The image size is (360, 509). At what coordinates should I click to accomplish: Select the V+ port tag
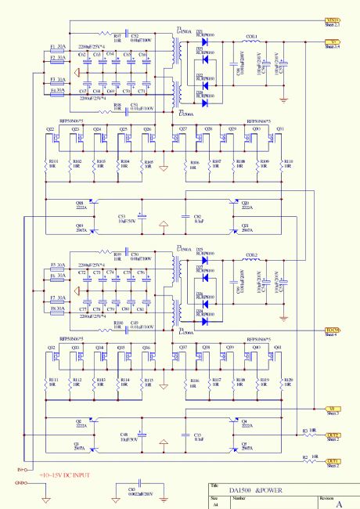click(332, 42)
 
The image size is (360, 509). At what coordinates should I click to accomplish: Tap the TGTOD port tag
click(333, 330)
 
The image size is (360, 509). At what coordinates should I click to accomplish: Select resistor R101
click(50, 164)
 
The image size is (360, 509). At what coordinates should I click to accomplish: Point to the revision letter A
click(338, 504)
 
